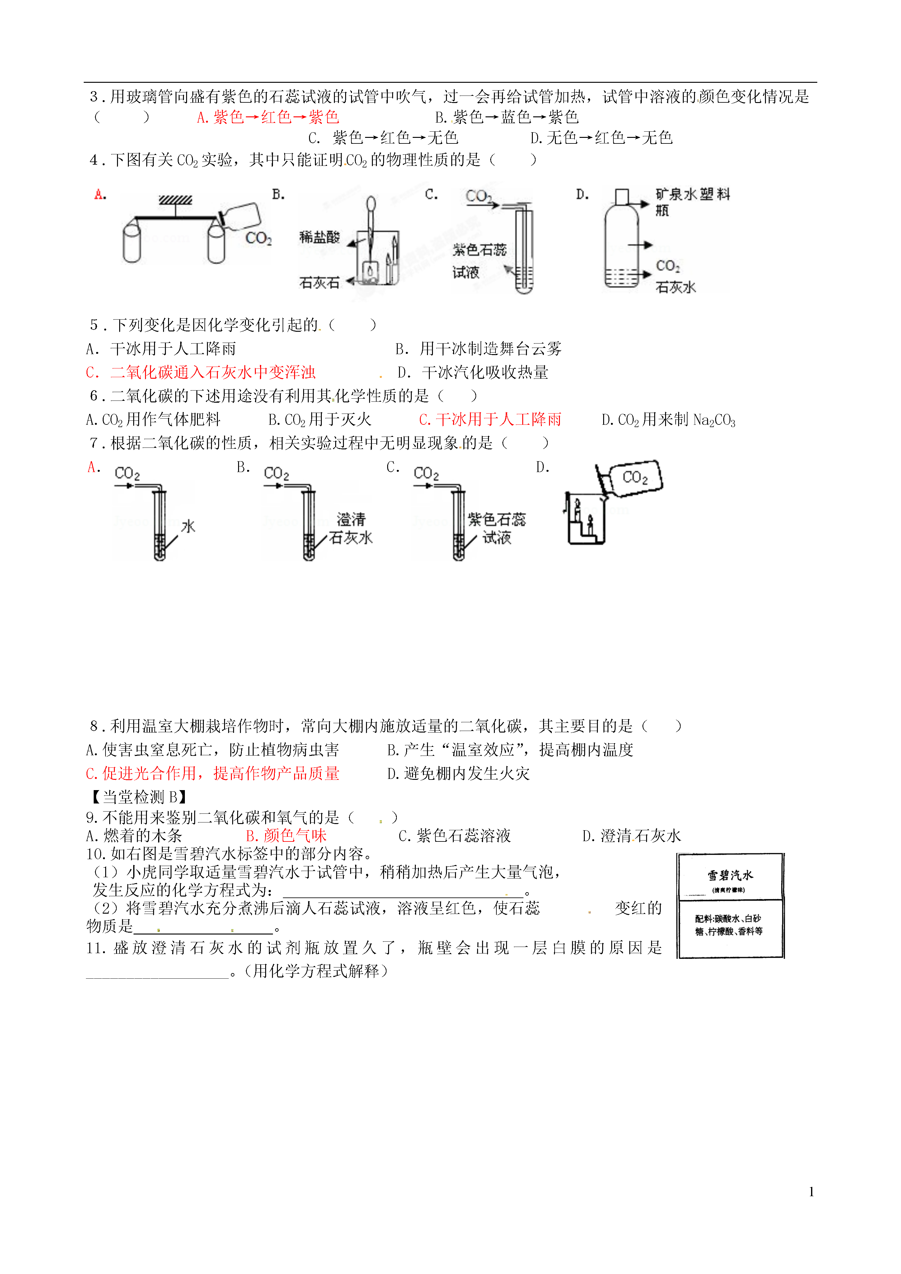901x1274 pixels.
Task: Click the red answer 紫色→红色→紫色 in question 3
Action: [268, 117]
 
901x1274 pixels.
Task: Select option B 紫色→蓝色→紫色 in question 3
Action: [507, 117]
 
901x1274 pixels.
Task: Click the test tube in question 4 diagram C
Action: [524, 250]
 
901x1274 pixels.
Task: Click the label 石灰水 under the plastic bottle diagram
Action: [676, 287]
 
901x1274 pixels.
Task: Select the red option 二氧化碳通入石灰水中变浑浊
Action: [201, 372]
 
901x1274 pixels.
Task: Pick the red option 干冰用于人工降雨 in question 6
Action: [490, 419]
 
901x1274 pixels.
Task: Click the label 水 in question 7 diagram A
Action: [188, 526]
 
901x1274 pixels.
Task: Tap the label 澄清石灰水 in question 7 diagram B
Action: [351, 528]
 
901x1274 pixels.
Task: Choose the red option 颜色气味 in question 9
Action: [286, 836]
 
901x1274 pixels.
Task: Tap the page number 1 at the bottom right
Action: [812, 1192]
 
